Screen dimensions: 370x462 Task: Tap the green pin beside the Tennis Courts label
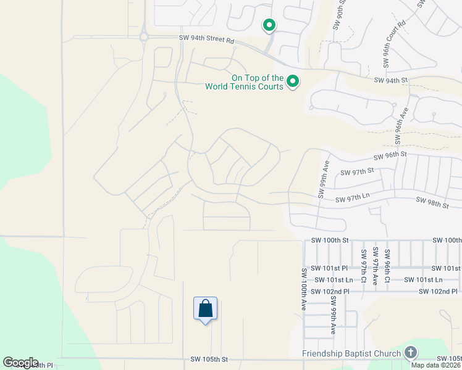293,81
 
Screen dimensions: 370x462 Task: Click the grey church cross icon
410,353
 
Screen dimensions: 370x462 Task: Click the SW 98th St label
432,202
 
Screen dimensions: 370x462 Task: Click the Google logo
20,363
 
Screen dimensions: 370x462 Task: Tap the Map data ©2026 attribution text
436,365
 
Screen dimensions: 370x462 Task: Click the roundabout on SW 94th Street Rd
143,37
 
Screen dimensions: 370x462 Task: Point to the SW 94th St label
392,80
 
